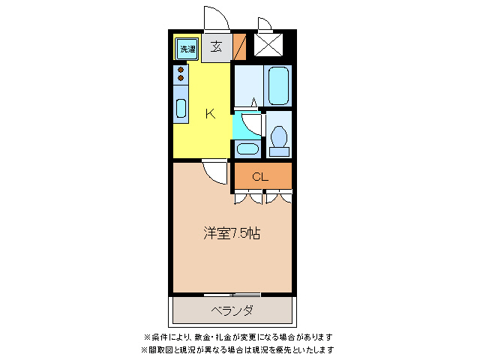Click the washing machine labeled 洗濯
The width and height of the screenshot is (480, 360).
point(187,49)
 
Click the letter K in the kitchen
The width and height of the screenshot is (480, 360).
point(210,114)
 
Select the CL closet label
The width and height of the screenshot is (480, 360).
point(260,177)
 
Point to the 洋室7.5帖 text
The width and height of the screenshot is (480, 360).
point(232,232)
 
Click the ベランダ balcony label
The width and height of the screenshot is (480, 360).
point(232,310)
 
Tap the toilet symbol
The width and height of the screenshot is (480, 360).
point(279,140)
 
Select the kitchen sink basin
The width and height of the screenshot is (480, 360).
point(181,109)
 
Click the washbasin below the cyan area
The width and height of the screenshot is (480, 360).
point(246,147)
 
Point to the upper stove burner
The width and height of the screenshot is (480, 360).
point(181,70)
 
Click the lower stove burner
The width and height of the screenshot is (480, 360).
point(181,78)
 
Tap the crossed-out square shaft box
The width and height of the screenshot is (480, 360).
point(267,44)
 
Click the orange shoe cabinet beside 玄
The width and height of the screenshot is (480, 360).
point(239,47)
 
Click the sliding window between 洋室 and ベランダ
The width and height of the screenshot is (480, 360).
point(232,293)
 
